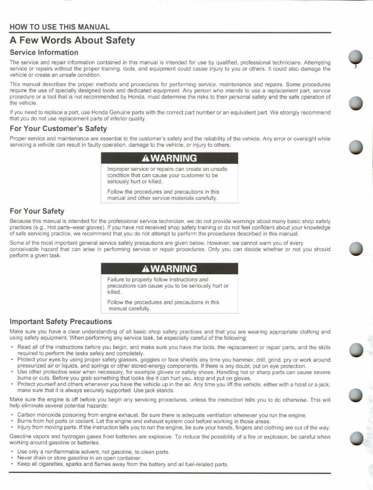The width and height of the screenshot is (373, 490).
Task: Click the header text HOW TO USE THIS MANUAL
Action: (x=60, y=27)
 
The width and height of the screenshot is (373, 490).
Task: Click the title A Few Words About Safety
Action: (x=72, y=40)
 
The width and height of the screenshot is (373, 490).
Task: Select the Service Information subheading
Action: (x=44, y=52)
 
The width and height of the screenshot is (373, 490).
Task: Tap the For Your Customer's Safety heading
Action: (x=58, y=129)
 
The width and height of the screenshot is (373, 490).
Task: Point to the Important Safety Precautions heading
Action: (x=60, y=322)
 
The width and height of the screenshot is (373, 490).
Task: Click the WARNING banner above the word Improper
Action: (x=169, y=158)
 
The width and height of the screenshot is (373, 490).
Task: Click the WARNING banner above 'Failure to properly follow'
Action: (x=169, y=269)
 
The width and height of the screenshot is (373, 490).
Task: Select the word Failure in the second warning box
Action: (x=115, y=279)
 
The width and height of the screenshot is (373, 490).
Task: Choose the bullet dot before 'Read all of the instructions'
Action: (x=13, y=348)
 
